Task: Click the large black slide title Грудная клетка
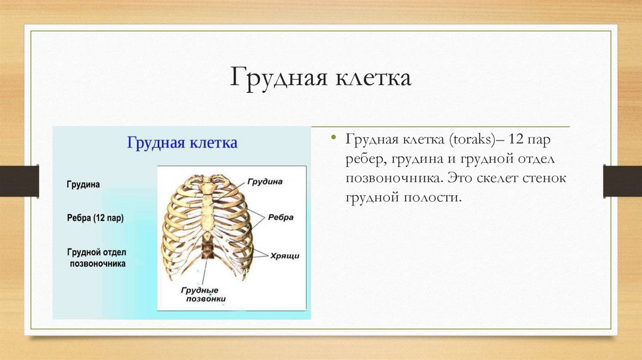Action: [321, 80]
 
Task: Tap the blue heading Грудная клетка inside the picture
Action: [182, 143]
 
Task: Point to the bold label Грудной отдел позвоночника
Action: [97, 258]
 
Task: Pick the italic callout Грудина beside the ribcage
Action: [265, 182]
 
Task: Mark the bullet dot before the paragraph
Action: [334, 137]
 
